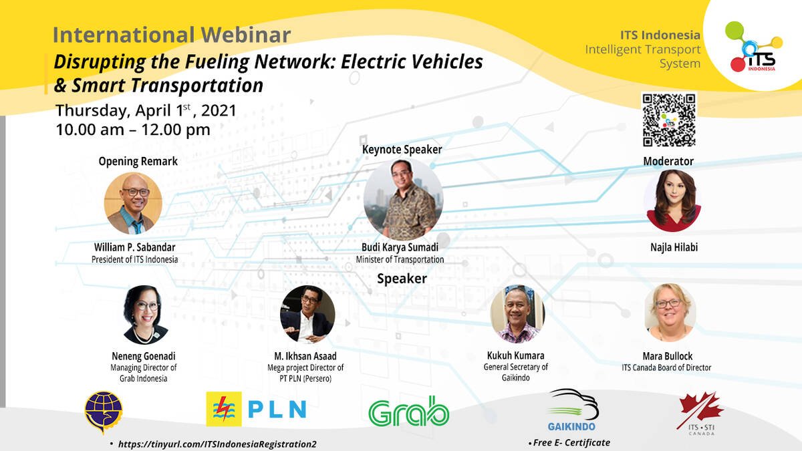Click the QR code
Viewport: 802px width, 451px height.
click(x=669, y=120)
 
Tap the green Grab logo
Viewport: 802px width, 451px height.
click(x=408, y=412)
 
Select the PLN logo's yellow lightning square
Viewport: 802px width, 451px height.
click(x=224, y=409)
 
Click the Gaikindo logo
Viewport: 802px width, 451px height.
click(x=572, y=410)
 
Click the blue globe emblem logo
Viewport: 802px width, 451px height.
click(x=104, y=412)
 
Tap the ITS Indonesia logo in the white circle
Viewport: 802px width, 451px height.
click(x=754, y=47)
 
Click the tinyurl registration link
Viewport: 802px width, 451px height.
click(x=217, y=444)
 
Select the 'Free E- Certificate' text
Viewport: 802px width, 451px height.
click(x=571, y=443)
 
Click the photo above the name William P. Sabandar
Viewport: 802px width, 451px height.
click(x=133, y=203)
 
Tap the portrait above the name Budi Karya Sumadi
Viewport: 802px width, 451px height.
click(x=404, y=199)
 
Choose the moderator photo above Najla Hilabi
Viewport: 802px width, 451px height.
click(x=673, y=200)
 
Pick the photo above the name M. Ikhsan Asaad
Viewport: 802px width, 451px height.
click(x=307, y=314)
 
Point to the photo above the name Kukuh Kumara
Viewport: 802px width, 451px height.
click(x=517, y=314)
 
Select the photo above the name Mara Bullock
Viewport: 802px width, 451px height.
click(x=670, y=313)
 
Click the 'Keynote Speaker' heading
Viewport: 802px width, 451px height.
click(x=402, y=150)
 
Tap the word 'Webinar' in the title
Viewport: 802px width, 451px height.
click(x=246, y=35)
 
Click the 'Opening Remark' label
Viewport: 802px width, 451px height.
click(x=138, y=162)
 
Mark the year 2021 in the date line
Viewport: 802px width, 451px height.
click(x=219, y=111)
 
